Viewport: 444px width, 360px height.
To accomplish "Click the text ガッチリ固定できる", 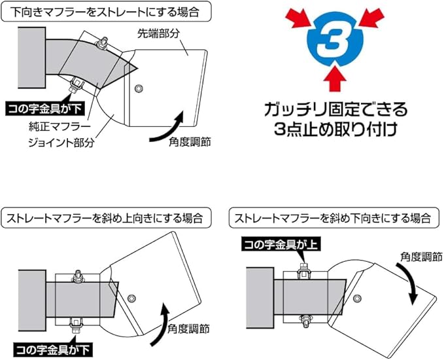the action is (335, 108).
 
